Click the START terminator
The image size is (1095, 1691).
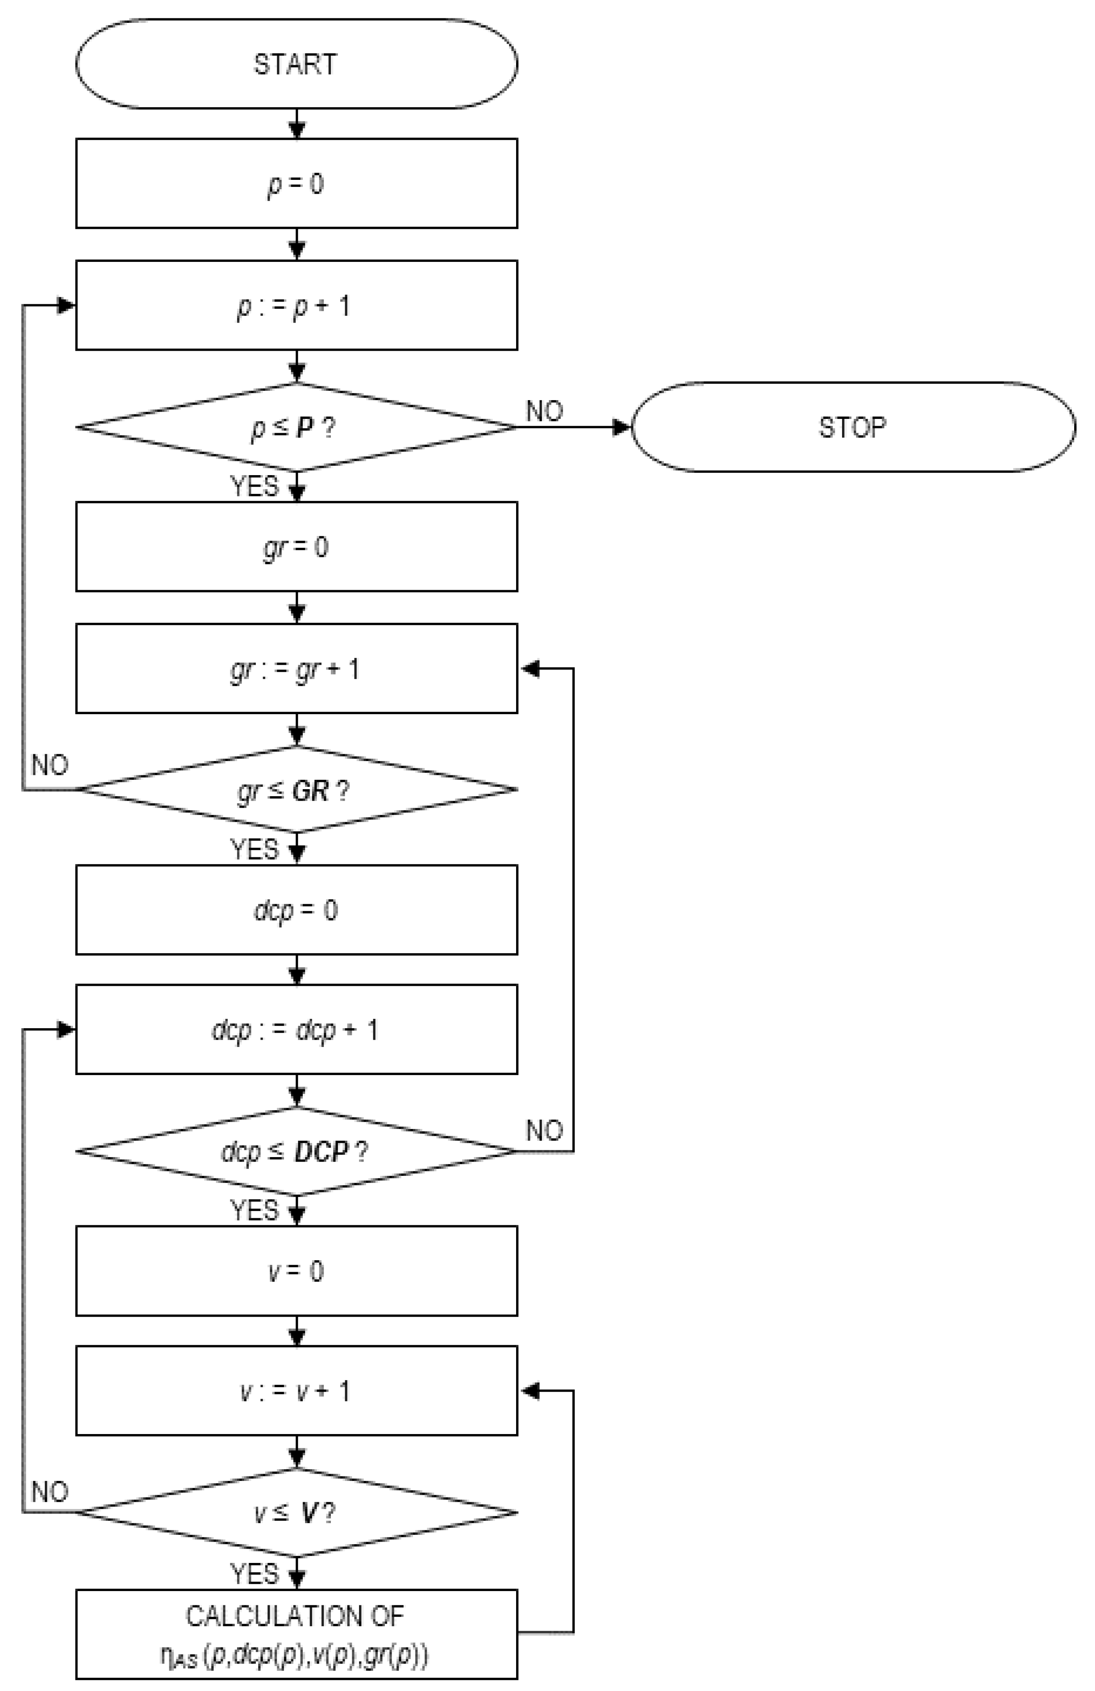pos(296,64)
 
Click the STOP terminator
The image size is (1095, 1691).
pos(853,427)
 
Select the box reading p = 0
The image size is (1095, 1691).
pos(296,183)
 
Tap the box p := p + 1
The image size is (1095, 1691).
pos(296,305)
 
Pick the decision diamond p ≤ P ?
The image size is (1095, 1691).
pos(296,427)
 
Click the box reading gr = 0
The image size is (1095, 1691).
pos(296,547)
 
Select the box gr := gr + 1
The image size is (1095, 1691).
pos(296,668)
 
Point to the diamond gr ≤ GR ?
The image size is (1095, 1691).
pos(296,789)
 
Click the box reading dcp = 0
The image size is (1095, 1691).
pos(296,910)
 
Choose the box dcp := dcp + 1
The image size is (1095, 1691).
pos(296,1029)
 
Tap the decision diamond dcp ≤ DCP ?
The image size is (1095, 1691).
pos(296,1151)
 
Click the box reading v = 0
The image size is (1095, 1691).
pos(296,1270)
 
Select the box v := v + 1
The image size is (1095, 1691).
pos(296,1390)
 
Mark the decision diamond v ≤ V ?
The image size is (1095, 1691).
pos(296,1512)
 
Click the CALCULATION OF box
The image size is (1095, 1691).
pos(296,1634)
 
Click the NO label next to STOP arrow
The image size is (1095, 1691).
pos(544,411)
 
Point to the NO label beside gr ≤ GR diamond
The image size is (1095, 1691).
pos(50,765)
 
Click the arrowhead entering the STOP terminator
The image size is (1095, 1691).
pos(623,427)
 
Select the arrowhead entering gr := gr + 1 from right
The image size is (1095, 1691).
pos(530,668)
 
